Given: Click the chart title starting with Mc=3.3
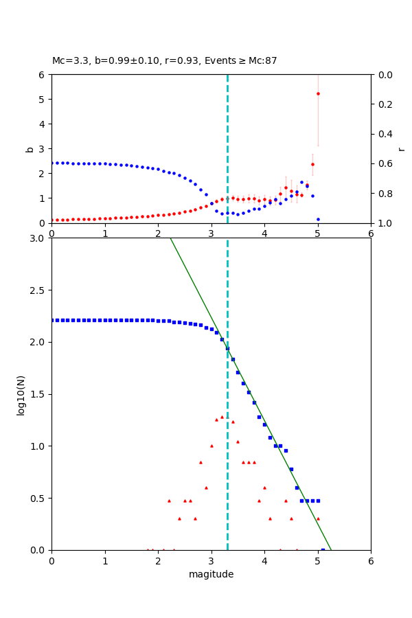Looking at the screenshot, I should [x=165, y=61].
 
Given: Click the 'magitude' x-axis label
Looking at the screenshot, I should [x=211, y=574].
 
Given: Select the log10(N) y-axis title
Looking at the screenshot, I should [x=21, y=394].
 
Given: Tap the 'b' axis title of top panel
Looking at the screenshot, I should [x=30, y=148].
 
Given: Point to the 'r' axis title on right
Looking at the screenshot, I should [x=401, y=148].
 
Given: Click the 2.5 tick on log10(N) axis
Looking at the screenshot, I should [x=38, y=290].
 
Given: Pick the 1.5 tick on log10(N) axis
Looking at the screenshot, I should [x=38, y=394].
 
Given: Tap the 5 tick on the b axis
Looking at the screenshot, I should [x=43, y=99].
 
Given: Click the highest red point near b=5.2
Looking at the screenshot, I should [x=318, y=93].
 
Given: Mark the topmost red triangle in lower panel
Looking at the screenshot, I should [x=222, y=417].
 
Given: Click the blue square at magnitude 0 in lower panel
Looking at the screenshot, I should [x=52, y=320].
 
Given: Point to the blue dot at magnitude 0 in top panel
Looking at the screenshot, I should [x=52, y=163].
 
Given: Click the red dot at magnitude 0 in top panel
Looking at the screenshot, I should [x=52, y=220].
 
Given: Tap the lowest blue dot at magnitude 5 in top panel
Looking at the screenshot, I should [x=318, y=219].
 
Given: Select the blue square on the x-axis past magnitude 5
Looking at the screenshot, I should [x=323, y=549].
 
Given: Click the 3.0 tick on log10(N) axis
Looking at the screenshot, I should [x=38, y=238].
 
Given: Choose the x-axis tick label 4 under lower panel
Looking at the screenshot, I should [x=264, y=561].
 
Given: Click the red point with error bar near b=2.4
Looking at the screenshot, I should [x=312, y=164].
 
